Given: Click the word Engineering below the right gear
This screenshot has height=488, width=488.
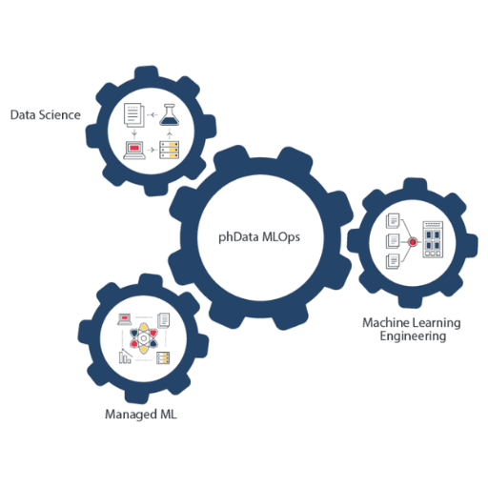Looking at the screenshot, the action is click(x=413, y=336).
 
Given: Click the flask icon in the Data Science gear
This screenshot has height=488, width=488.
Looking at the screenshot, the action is click(x=169, y=114).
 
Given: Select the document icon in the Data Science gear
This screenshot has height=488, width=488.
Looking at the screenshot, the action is click(x=133, y=114).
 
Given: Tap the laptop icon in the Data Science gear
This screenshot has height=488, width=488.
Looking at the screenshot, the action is click(x=134, y=150).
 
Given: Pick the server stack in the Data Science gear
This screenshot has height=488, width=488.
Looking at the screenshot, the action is click(x=169, y=150).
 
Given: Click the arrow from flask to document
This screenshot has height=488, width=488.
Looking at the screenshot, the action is click(x=152, y=114).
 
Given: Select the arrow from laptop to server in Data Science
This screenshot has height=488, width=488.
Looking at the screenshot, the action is click(x=152, y=150).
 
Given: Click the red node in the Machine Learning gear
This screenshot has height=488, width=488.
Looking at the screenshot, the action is click(x=413, y=242).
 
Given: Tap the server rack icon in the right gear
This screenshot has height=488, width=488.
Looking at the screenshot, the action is click(x=433, y=239).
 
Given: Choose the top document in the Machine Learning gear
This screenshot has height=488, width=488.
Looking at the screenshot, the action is click(x=393, y=220).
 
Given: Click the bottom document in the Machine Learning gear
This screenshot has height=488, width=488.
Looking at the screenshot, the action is click(x=393, y=261).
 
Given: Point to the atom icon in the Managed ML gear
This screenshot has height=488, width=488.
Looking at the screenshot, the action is click(x=144, y=338).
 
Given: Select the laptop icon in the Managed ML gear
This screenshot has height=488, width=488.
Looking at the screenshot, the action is click(x=125, y=319).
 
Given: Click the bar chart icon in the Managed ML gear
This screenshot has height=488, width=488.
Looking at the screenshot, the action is click(x=125, y=356).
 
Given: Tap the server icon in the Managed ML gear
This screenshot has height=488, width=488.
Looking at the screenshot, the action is click(x=163, y=358).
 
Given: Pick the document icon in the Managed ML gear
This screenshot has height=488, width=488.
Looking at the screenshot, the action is click(x=164, y=320).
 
